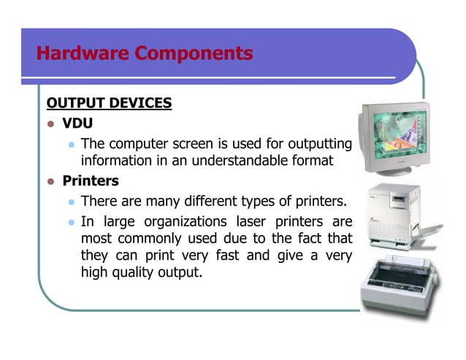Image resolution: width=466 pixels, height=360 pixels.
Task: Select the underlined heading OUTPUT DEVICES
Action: (109, 102)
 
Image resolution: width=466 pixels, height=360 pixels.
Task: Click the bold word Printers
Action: (91, 180)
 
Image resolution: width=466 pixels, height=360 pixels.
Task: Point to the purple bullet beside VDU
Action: (51, 123)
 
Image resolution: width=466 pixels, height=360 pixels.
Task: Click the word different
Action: (235, 201)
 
